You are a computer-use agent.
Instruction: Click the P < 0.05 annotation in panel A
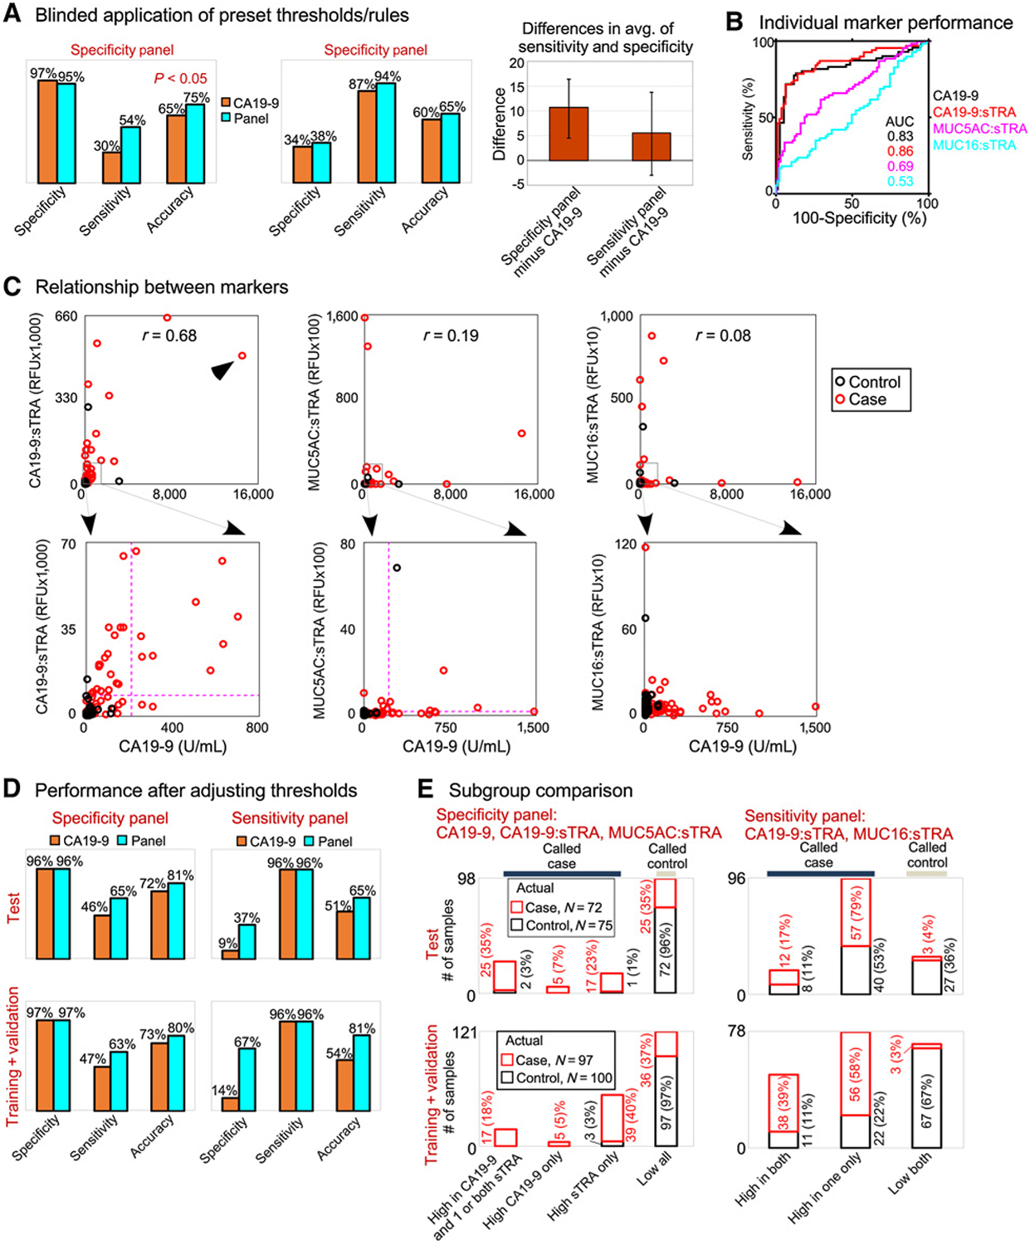pos(180,78)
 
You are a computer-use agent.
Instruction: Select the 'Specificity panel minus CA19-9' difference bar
pos(568,134)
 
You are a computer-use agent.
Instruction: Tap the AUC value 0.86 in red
pos(900,151)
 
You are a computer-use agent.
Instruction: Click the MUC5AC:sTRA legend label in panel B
pos(979,129)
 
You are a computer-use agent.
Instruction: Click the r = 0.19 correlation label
pos(451,335)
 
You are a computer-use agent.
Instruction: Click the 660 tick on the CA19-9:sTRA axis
pos(66,316)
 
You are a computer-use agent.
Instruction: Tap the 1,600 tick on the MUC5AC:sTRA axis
pos(342,316)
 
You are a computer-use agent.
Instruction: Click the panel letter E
pos(425,789)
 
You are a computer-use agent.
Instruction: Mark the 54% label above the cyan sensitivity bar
pos(132,120)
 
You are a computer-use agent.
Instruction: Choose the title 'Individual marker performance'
pos(886,22)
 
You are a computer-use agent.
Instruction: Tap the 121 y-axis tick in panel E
pos(465,1033)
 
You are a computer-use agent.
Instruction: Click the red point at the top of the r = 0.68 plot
pos(167,317)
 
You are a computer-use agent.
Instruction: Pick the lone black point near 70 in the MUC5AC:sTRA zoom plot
pos(397,568)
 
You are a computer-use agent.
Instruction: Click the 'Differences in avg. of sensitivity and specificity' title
pos(605,38)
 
